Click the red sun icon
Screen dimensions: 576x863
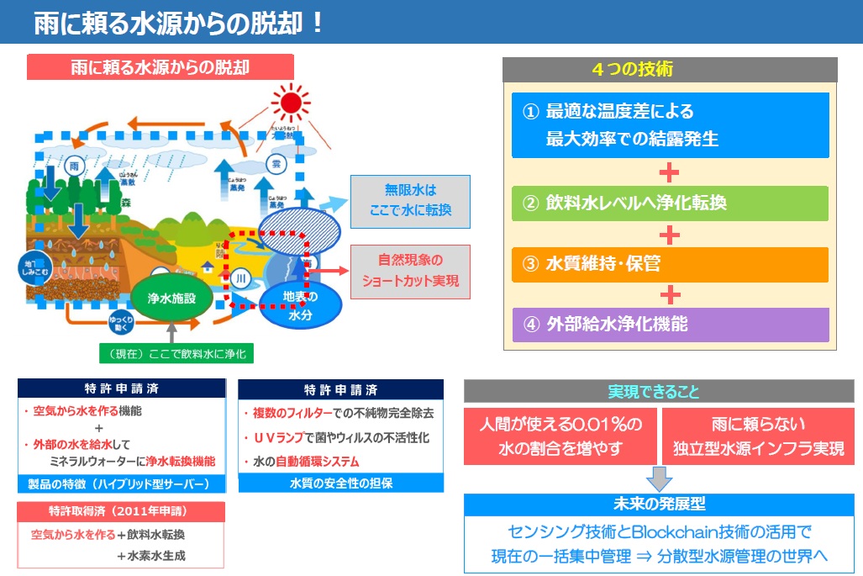(x=291, y=103)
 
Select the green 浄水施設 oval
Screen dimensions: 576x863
(x=171, y=298)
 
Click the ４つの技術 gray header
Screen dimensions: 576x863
(x=669, y=70)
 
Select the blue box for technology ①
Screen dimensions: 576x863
(x=670, y=124)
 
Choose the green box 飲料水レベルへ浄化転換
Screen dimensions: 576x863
(x=670, y=203)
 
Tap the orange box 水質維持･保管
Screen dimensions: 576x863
(x=670, y=264)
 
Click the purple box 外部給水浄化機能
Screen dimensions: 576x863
(x=670, y=324)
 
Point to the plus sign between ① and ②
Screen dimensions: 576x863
(x=669, y=173)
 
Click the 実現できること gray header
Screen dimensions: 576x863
(x=659, y=392)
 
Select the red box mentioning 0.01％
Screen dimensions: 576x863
(x=560, y=436)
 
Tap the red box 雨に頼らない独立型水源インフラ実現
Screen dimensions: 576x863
(x=758, y=436)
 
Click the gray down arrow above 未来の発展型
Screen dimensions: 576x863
(x=659, y=479)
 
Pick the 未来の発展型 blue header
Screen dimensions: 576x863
(x=659, y=505)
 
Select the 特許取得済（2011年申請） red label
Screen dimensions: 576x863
(x=121, y=511)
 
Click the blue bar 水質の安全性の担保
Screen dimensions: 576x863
(x=340, y=484)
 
